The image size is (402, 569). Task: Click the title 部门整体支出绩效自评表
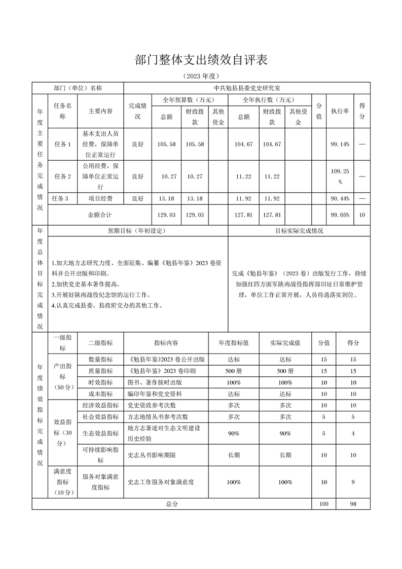(201, 60)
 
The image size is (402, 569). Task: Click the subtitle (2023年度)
(201, 77)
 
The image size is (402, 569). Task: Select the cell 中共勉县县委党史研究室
(247, 88)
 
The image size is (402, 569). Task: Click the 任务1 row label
(62, 144)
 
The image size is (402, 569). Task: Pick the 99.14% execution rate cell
(340, 144)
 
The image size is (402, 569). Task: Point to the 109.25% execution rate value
(340, 176)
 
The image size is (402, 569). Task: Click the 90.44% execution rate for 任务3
(340, 198)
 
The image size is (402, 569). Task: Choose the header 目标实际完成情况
(299, 231)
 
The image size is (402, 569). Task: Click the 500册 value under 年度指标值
(234, 371)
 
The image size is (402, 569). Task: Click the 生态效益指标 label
(100, 433)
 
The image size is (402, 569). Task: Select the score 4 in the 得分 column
(353, 433)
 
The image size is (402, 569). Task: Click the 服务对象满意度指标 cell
(100, 482)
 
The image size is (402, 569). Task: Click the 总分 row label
(172, 504)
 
